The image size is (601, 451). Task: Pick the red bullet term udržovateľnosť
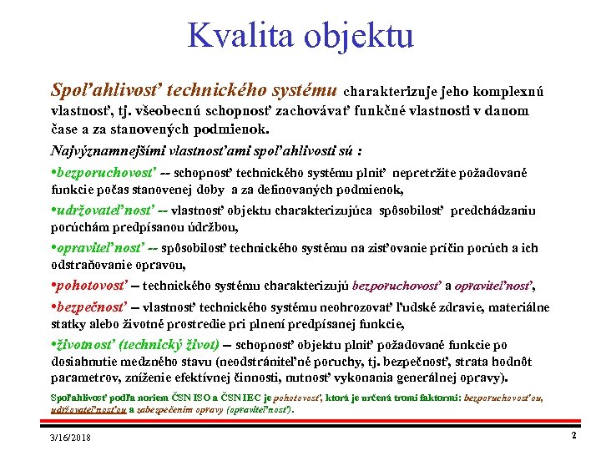[x=108, y=211]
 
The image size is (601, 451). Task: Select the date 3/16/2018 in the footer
[x=70, y=438]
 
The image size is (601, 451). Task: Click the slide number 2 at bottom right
[x=573, y=436]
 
